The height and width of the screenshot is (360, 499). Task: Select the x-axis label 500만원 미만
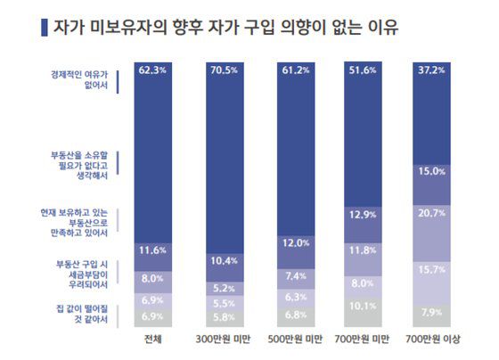(297, 340)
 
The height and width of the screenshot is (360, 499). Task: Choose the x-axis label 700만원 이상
(436, 340)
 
